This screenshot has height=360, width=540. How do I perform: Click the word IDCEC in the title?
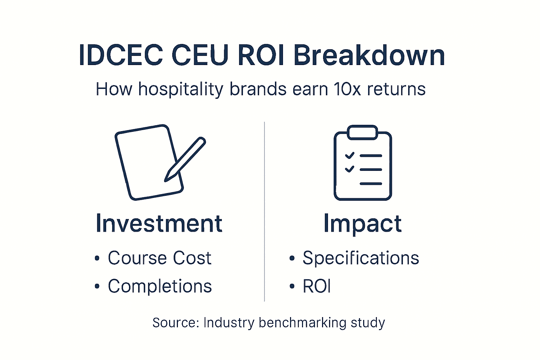[x=121, y=56]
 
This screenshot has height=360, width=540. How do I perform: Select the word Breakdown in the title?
[x=369, y=56]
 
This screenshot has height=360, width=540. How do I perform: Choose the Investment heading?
[x=159, y=224]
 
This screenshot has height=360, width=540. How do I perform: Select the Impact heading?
[x=362, y=224]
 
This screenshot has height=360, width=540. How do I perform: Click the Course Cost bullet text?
[x=160, y=258]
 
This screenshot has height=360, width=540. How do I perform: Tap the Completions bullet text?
[x=160, y=286]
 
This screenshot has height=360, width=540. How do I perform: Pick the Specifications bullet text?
[x=361, y=258]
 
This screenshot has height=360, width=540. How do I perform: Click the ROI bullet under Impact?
[x=317, y=286]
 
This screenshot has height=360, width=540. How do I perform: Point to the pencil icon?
[x=185, y=159]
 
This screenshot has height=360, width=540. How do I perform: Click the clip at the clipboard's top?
[x=362, y=132]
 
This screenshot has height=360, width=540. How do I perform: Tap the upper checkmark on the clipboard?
[x=349, y=155]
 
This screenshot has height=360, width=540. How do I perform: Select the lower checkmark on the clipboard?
[x=349, y=169]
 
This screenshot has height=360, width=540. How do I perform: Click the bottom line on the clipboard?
[x=371, y=184]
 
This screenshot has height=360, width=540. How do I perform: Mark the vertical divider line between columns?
[x=264, y=211]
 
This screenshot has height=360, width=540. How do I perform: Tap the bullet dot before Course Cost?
[x=97, y=258]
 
